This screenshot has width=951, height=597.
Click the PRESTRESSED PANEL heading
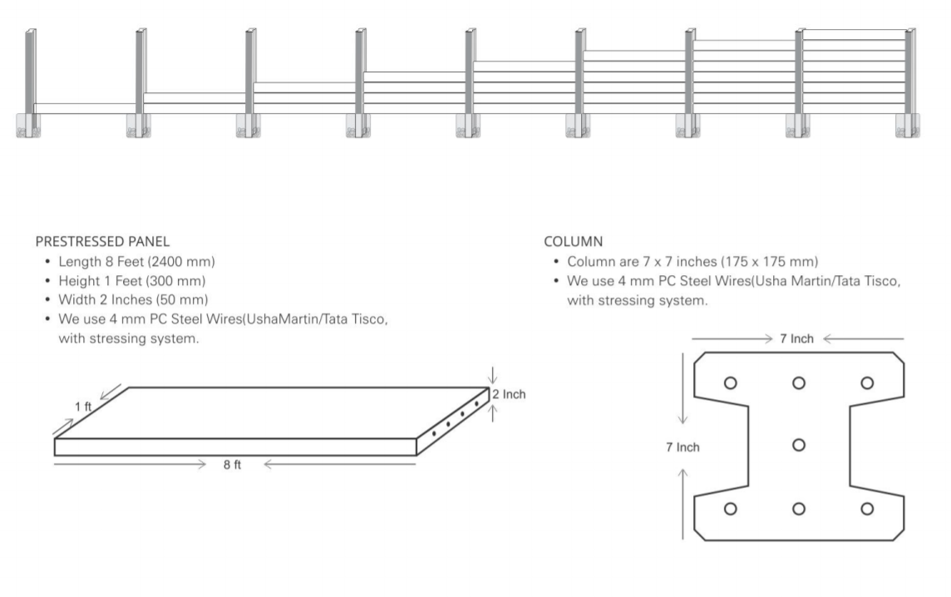(102, 241)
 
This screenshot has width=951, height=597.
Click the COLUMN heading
(573, 241)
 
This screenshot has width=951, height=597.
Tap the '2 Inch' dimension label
(509, 394)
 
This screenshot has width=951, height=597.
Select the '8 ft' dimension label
(232, 465)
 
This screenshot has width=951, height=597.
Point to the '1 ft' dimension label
(83, 407)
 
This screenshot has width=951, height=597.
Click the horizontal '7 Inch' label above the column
(797, 338)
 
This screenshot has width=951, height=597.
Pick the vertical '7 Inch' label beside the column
(683, 447)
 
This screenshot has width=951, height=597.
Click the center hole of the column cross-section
(799, 446)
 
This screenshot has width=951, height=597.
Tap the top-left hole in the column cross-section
(731, 382)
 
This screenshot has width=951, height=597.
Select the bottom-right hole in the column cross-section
(867, 508)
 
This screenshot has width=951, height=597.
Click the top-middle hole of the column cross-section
(799, 382)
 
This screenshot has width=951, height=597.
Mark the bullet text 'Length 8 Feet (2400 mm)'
(136, 261)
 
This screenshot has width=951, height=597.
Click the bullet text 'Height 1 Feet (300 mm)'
(131, 281)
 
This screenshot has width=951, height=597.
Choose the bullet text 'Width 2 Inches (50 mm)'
(133, 299)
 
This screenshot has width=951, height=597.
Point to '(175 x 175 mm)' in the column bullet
(769, 261)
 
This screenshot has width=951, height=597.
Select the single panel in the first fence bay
(86, 109)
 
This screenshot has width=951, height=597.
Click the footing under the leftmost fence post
(28, 126)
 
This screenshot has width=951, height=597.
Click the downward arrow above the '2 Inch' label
(492, 376)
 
